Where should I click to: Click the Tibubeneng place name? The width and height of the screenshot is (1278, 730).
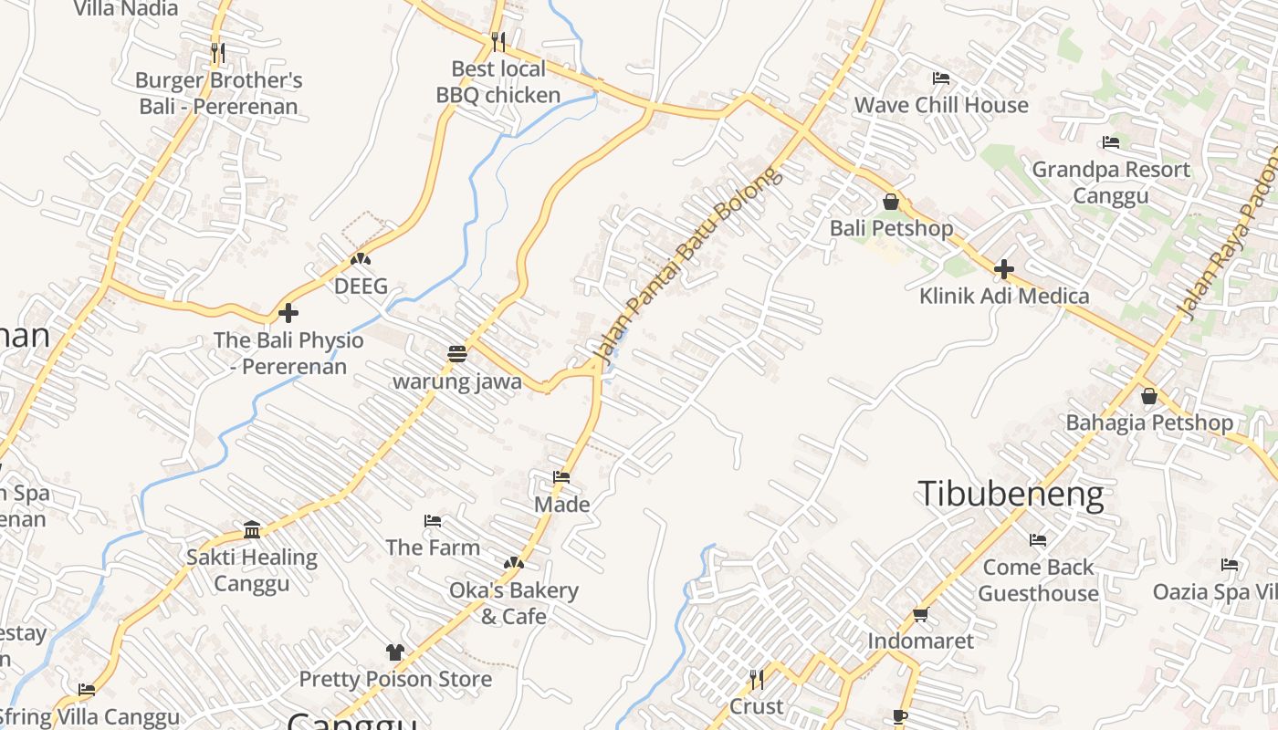(1011, 494)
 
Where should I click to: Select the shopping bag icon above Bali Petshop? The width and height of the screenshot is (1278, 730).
(891, 202)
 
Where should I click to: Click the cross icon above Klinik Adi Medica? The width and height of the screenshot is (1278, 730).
(1004, 269)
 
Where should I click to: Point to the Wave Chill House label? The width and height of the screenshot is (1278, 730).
(940, 105)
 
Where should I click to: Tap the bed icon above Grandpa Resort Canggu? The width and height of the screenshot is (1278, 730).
(1111, 142)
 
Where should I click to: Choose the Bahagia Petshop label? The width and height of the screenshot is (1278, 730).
(1148, 422)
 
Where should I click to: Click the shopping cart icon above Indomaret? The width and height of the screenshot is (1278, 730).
(920, 614)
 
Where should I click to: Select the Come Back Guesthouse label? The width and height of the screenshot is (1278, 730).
(1038, 580)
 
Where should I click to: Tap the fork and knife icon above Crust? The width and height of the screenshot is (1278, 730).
(756, 680)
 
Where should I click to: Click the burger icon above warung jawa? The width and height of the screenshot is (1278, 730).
(457, 354)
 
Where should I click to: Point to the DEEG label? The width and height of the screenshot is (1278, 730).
(361, 287)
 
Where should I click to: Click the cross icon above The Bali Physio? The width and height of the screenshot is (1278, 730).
(288, 313)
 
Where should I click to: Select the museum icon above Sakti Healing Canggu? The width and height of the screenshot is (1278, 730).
(252, 529)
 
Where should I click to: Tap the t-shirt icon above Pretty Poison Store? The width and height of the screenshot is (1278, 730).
(394, 652)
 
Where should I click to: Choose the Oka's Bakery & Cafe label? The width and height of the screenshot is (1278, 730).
(513, 603)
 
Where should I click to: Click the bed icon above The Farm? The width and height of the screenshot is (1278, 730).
(433, 521)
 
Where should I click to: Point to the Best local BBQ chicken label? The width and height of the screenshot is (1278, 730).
(498, 82)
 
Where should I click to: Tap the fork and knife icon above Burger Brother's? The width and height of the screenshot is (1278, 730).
(217, 53)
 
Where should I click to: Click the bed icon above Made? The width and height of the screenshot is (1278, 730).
(561, 477)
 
